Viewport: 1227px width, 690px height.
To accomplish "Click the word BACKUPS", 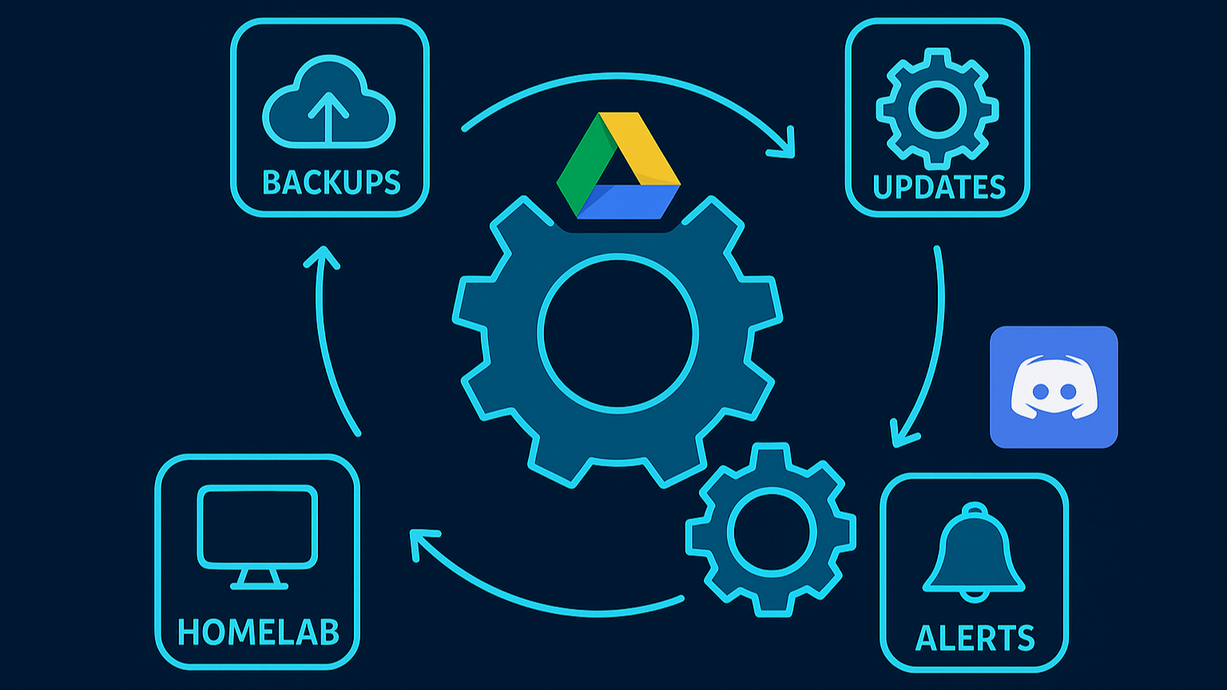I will pyautogui.click(x=331, y=183).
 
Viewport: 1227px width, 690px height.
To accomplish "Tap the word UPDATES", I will pyautogui.click(x=939, y=187).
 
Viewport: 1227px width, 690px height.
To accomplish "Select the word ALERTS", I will pyautogui.click(x=975, y=638).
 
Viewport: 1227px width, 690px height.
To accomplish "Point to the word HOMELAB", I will pyautogui.click(x=258, y=632).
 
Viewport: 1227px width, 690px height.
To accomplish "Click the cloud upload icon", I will pyautogui.click(x=329, y=104).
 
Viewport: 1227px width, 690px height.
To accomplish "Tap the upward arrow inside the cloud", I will pyautogui.click(x=328, y=116).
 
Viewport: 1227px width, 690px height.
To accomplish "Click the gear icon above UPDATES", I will pyautogui.click(x=937, y=109).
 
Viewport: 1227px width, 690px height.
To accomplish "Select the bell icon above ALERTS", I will pyautogui.click(x=974, y=552).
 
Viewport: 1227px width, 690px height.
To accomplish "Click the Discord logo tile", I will pyautogui.click(x=1054, y=387).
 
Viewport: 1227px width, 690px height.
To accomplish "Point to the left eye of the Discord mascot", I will pyautogui.click(x=1039, y=391).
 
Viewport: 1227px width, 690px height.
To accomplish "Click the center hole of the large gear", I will pyautogui.click(x=617, y=334).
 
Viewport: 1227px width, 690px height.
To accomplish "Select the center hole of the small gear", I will pyautogui.click(x=771, y=531).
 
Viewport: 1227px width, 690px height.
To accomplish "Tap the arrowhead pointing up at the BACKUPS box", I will pyautogui.click(x=322, y=256).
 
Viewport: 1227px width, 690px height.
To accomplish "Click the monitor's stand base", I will pyautogui.click(x=259, y=586).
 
